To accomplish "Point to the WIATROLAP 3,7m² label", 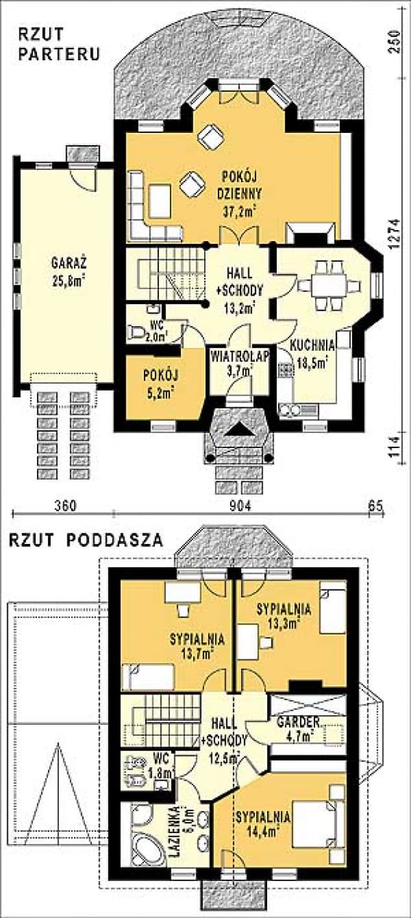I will coord(230,363).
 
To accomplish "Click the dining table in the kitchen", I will coord(329,285).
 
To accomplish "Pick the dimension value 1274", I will coord(397,240).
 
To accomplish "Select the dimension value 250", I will coord(397,40).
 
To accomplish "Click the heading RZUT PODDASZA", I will coord(85,540).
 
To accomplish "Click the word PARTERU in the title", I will coord(59,55).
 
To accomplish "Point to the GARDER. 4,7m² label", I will coord(297,728).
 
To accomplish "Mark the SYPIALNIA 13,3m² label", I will coord(284,617).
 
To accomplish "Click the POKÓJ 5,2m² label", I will coord(161,383).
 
